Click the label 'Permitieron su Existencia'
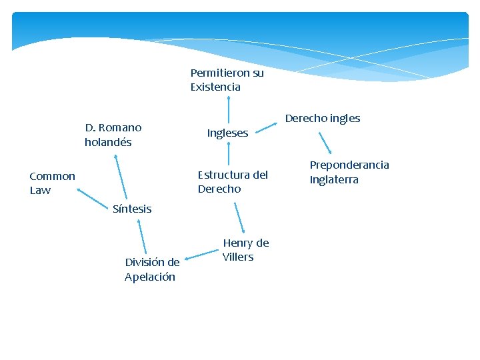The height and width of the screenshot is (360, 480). click(227, 80)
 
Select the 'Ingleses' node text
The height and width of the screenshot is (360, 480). click(227, 133)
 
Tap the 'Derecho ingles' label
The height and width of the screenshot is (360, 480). click(323, 119)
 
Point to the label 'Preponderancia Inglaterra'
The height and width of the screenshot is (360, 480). click(349, 172)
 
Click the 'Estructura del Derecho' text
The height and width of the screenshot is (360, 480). click(233, 182)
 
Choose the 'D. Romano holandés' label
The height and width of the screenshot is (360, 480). click(113, 135)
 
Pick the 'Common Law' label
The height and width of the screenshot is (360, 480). click(52, 183)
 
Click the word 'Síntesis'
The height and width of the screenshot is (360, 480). click(132, 209)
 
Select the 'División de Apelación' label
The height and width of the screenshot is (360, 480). click(151, 269)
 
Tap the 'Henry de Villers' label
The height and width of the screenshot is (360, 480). click(245, 250)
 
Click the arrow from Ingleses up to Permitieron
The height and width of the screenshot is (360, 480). click(229, 109)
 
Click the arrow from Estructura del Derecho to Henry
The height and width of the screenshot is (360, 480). click(239, 217)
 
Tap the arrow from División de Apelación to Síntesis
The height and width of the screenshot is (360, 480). click(142, 237)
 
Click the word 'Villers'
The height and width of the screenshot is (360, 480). click(238, 257)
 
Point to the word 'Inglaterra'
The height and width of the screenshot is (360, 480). click(334, 180)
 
